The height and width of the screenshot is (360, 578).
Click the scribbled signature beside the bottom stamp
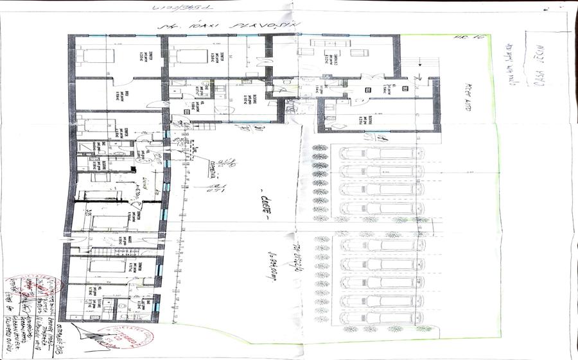click(x=87, y=334)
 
